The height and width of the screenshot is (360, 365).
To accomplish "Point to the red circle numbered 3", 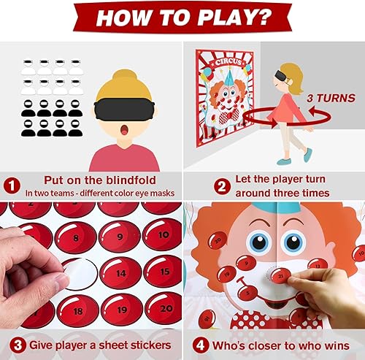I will coord(12,345).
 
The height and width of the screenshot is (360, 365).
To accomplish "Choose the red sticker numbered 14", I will coord(118,272).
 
